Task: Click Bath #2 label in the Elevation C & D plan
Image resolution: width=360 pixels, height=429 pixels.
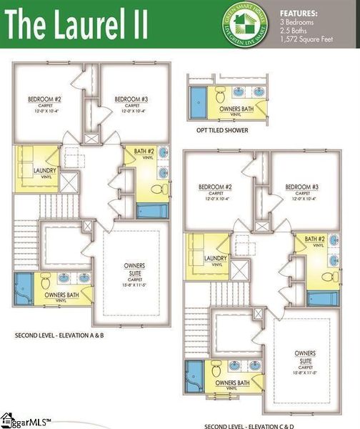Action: pyautogui.click(x=316, y=239)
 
